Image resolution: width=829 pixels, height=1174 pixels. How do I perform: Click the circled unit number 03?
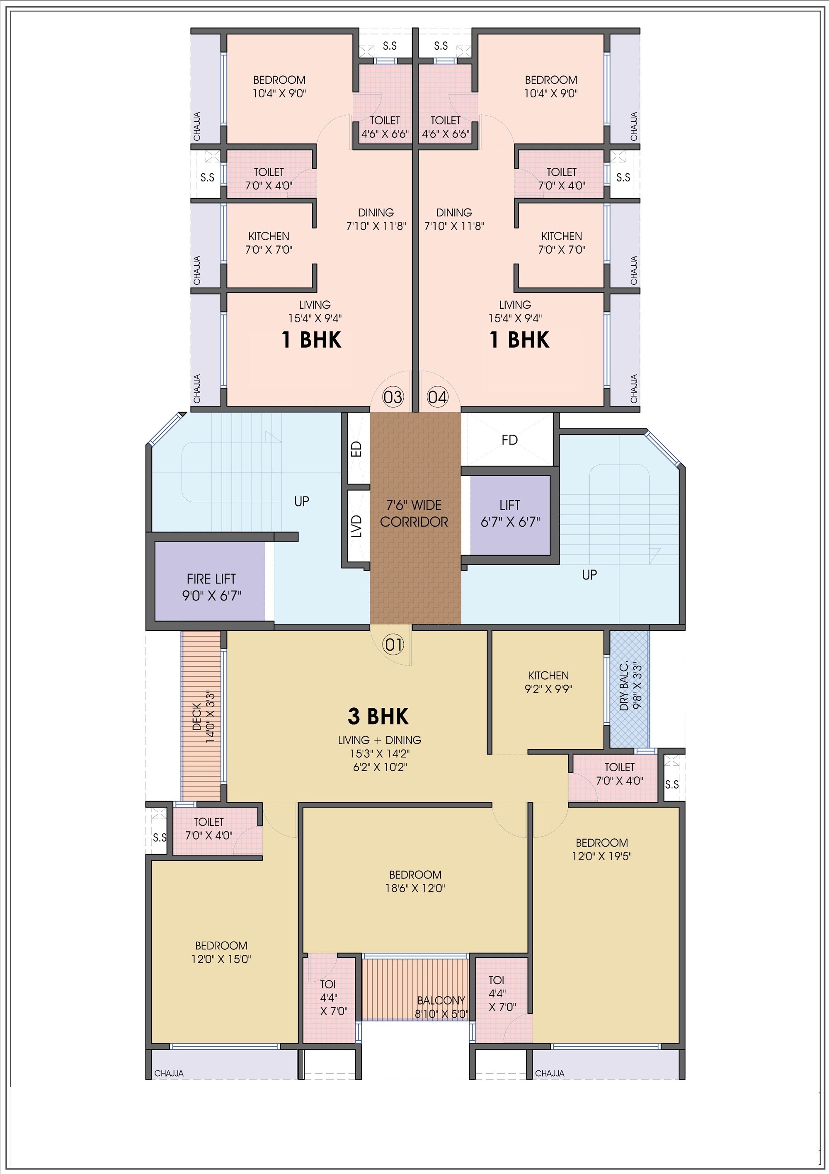pyautogui.click(x=393, y=397)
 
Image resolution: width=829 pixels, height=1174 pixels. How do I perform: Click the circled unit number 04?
pyautogui.click(x=437, y=397)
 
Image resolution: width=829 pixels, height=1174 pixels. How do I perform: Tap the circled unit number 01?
pyautogui.click(x=393, y=645)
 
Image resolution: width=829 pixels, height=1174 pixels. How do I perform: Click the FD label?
pyautogui.click(x=509, y=440)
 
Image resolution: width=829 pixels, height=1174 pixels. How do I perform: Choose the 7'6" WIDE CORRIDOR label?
pyautogui.click(x=414, y=513)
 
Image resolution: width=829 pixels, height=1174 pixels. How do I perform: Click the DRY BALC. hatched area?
pyautogui.click(x=629, y=689)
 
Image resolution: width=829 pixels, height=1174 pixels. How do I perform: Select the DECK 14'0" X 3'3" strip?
pyautogui.click(x=201, y=716)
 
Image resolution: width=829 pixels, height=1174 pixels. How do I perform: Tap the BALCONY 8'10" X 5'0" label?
pyautogui.click(x=441, y=1007)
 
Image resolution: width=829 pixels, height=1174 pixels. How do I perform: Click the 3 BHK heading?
pyautogui.click(x=378, y=717)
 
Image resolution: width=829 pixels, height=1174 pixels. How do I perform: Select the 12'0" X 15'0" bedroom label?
pyautogui.click(x=221, y=953)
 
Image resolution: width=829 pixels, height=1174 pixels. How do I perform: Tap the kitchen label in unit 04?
pyautogui.click(x=562, y=243)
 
